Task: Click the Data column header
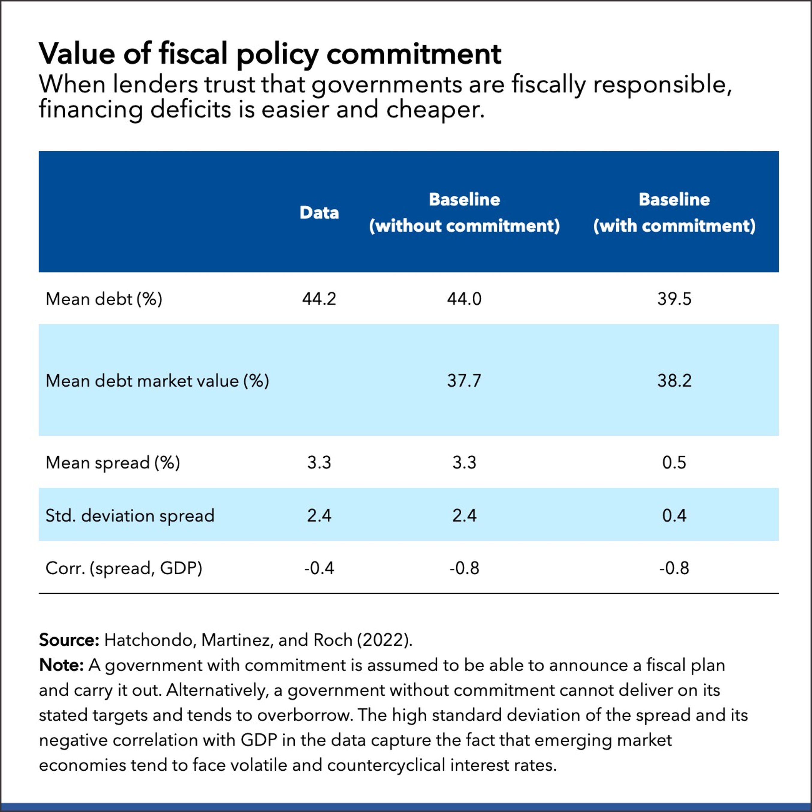[x=319, y=213]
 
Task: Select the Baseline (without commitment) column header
[x=464, y=213]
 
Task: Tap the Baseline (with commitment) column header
[x=674, y=213]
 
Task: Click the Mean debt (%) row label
[x=103, y=299]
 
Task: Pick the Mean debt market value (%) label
[x=157, y=381]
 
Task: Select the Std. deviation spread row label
[x=129, y=516]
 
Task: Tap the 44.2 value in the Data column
[x=319, y=299]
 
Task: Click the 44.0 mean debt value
[x=464, y=299]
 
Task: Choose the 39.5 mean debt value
[x=674, y=299]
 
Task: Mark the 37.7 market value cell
[x=464, y=381]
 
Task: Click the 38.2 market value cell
[x=674, y=381]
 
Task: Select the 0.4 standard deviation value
[x=674, y=516]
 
